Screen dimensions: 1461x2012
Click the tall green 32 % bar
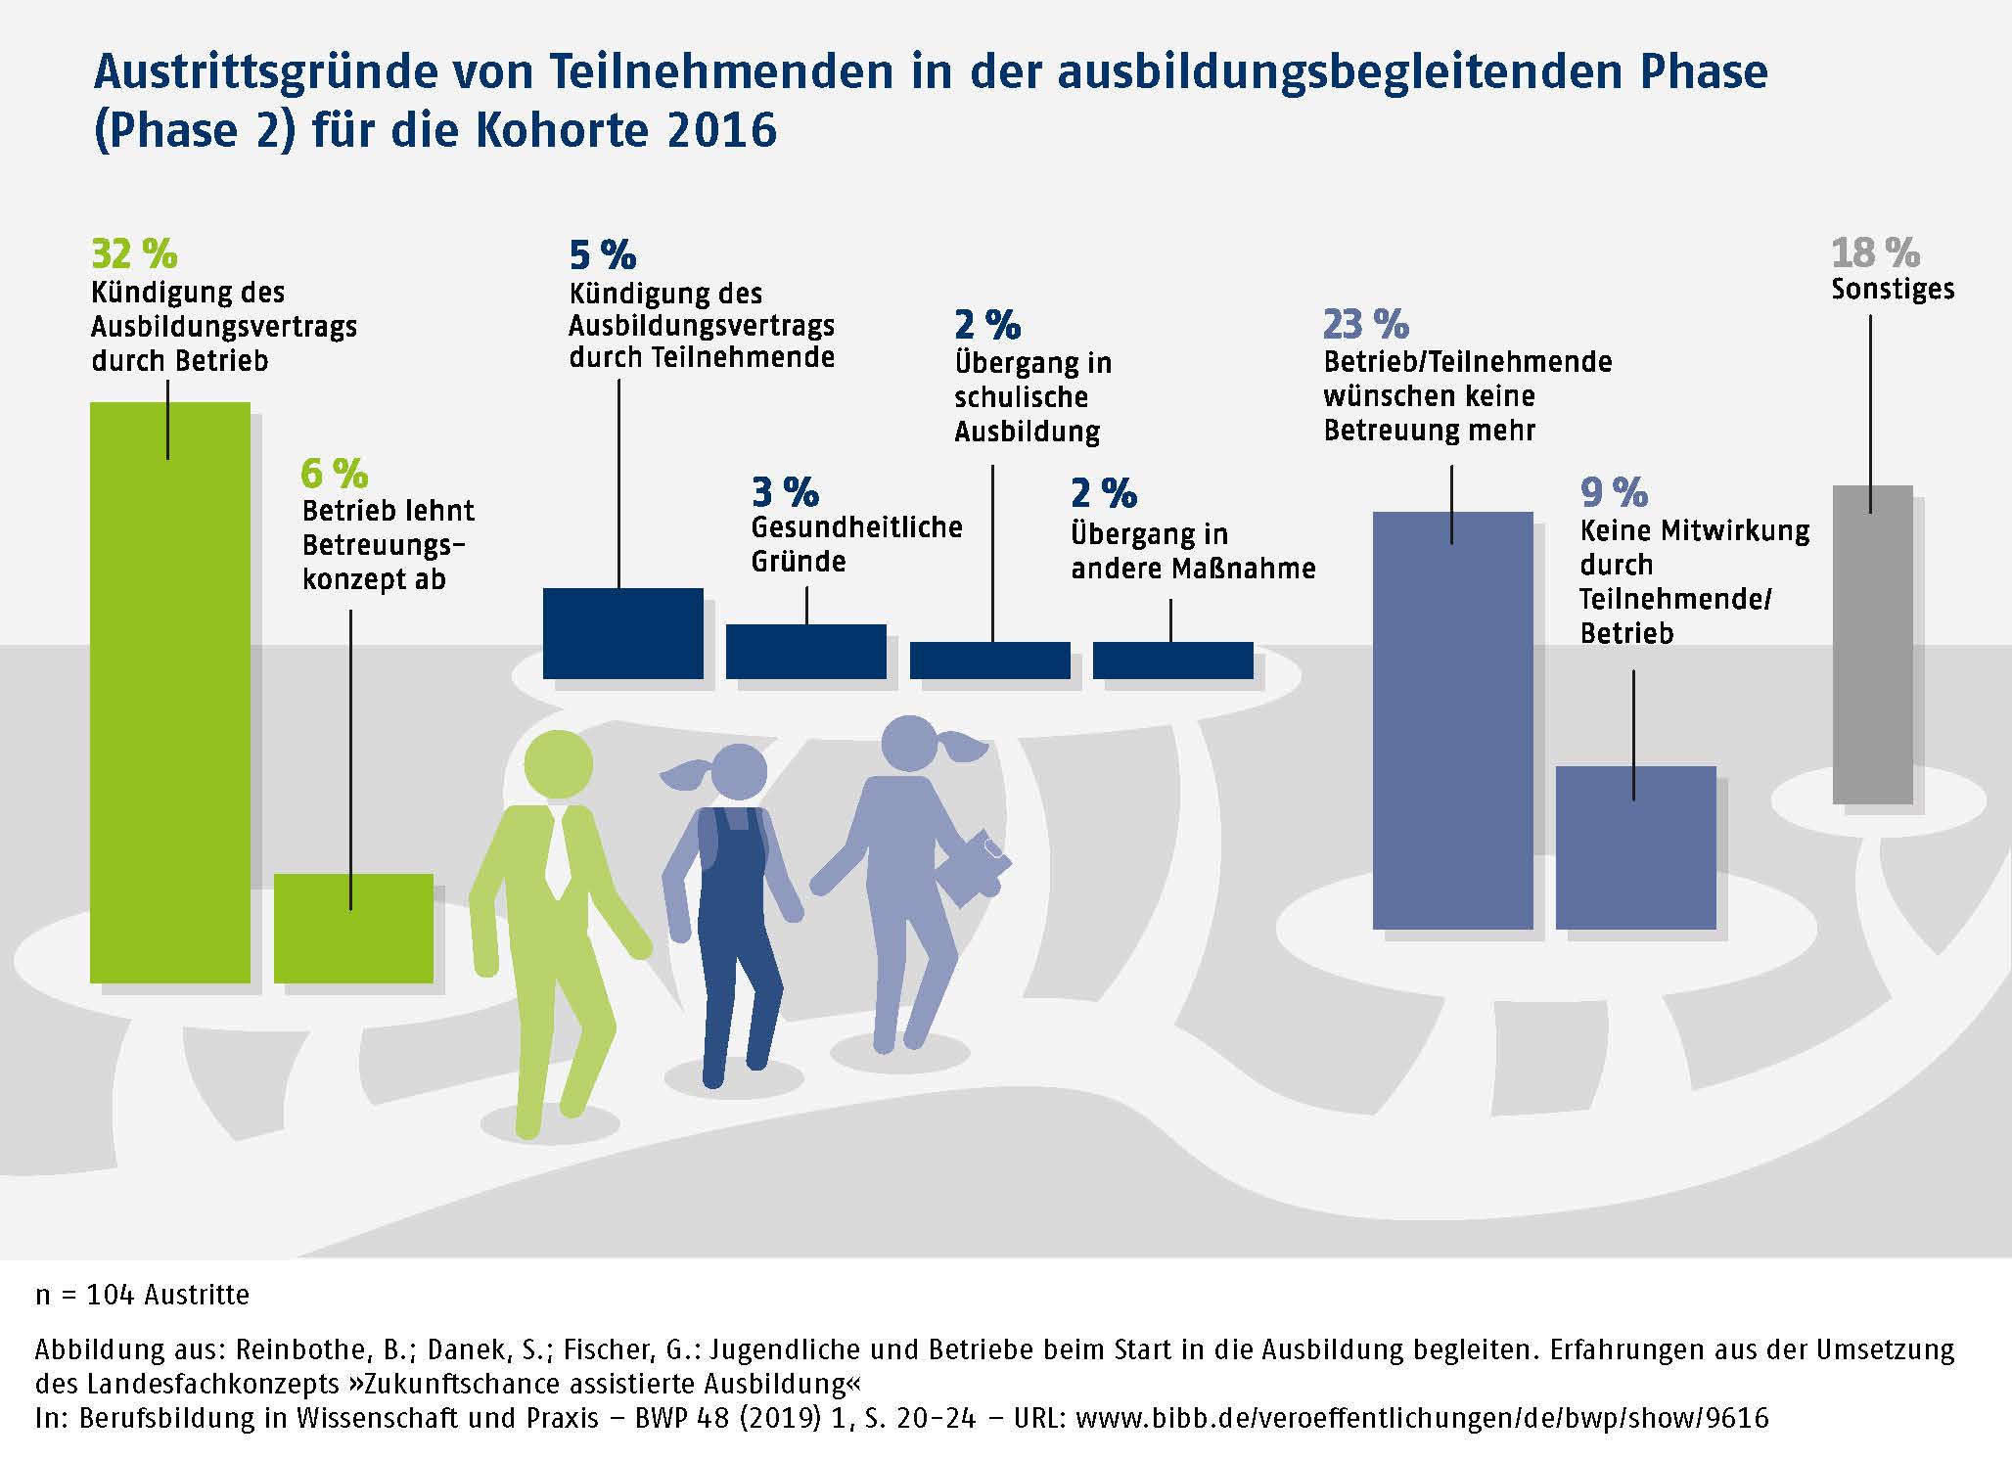(x=169, y=705)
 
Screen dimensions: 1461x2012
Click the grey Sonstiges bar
(x=1872, y=646)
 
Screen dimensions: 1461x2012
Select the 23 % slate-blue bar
(x=1452, y=724)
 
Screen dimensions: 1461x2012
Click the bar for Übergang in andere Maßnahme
(x=1172, y=661)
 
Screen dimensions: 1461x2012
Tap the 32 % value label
(x=134, y=254)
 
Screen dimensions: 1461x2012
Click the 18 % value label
(x=1875, y=253)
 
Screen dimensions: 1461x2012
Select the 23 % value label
(x=1365, y=324)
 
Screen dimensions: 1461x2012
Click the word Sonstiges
(x=1893, y=290)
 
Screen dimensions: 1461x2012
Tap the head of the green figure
(x=558, y=764)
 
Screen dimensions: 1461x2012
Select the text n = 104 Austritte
(x=143, y=1295)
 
